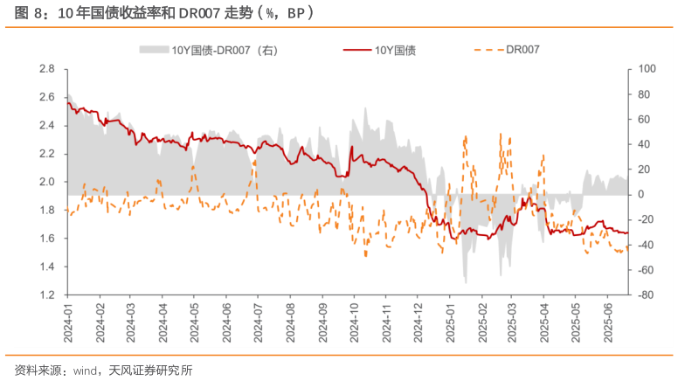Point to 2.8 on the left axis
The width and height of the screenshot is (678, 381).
click(48, 69)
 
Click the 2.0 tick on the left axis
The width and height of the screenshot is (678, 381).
click(48, 182)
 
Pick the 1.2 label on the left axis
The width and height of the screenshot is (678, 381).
click(48, 295)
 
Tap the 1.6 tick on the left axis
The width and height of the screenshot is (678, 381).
click(48, 239)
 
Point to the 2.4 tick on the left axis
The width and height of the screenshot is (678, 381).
click(48, 126)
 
